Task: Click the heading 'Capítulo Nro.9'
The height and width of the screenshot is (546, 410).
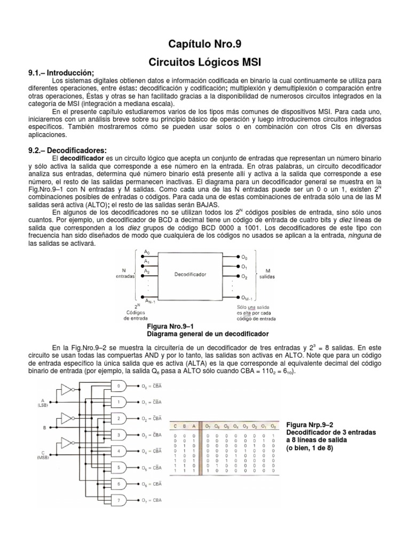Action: tap(205, 44)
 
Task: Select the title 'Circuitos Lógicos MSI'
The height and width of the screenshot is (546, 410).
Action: tap(205, 61)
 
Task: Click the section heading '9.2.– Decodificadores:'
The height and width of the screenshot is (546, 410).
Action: tap(67, 150)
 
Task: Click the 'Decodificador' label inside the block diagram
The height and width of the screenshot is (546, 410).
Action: tap(190, 275)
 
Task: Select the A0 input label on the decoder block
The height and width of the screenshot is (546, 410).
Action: tap(147, 252)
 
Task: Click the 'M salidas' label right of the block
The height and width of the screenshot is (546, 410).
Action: tap(265, 274)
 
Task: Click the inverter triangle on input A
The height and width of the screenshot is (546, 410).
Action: tap(66, 391)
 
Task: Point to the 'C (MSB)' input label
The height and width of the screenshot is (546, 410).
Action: tap(42, 454)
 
